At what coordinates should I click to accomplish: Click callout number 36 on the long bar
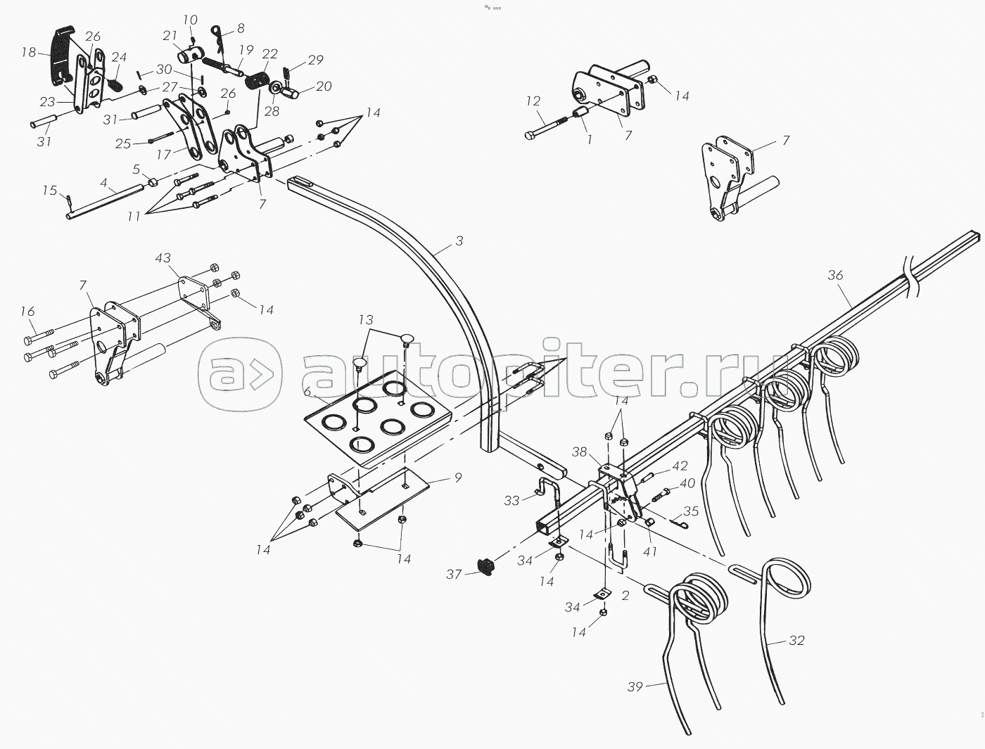835,275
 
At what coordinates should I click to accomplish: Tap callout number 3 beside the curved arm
459,241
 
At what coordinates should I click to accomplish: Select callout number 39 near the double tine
635,686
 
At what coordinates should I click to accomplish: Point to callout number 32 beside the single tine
796,641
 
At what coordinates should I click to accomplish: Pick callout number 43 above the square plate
163,259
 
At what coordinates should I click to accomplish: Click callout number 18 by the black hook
28,52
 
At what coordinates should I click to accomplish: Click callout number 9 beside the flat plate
458,479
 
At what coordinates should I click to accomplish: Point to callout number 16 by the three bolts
27,310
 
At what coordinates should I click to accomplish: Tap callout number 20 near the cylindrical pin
324,87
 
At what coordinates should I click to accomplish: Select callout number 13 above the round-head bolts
366,320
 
